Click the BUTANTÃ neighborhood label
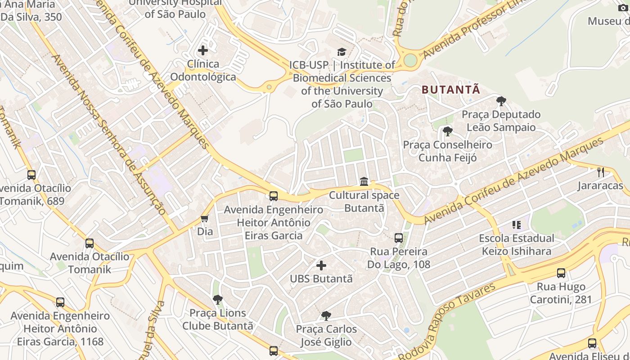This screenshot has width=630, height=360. pos(451,90)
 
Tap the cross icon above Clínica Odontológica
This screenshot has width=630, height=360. pos(203,50)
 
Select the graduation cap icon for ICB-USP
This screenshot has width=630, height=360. pos(342,52)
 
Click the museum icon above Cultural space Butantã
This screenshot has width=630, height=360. pos(364,182)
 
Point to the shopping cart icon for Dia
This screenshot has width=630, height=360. pos(205,219)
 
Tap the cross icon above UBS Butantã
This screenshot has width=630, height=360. pos(321,265)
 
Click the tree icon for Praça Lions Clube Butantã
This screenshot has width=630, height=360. pos(218,299)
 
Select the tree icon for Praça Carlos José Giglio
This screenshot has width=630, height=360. pos(326,315)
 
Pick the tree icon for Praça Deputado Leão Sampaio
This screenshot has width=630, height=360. pos(501,101)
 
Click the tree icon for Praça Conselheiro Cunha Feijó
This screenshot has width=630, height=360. pos(447,131)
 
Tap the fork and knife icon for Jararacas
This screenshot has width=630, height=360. pos(600,172)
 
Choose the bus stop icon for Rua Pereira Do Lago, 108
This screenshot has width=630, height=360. pos(398,238)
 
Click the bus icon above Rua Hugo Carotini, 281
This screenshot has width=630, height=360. pos(561,273)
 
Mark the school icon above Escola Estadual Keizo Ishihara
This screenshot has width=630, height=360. pos(516,225)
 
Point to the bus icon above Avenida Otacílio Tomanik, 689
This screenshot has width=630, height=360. pos(31,175)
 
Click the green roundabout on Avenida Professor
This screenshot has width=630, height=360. pos(410,60)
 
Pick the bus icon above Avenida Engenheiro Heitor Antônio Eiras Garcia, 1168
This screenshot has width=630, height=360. pos(60,302)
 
